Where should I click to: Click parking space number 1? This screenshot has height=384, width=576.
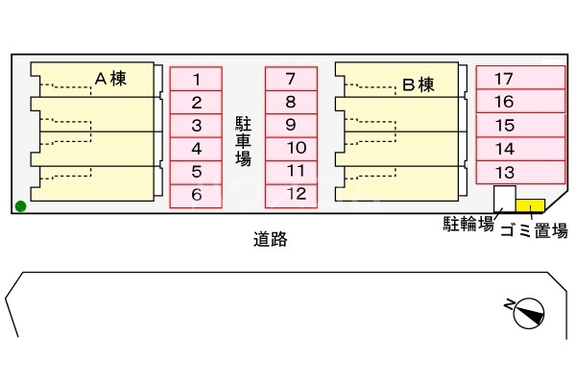tap(196, 79)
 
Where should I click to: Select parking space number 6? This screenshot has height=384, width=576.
tap(196, 195)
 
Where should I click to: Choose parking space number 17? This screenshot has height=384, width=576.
tap(518, 79)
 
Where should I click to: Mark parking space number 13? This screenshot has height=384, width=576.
tap(518, 172)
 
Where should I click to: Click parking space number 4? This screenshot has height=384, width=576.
tap(196, 149)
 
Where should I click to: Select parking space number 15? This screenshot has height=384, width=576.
tap(518, 125)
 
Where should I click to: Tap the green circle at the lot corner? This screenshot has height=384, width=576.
tap(21, 204)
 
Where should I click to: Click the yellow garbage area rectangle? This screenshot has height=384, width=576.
tap(530, 204)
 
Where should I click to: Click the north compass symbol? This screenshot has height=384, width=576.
tap(529, 311)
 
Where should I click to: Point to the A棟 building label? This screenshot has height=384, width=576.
tap(111, 80)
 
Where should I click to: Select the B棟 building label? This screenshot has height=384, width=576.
tap(418, 84)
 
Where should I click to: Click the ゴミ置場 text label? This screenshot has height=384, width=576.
tap(534, 230)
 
